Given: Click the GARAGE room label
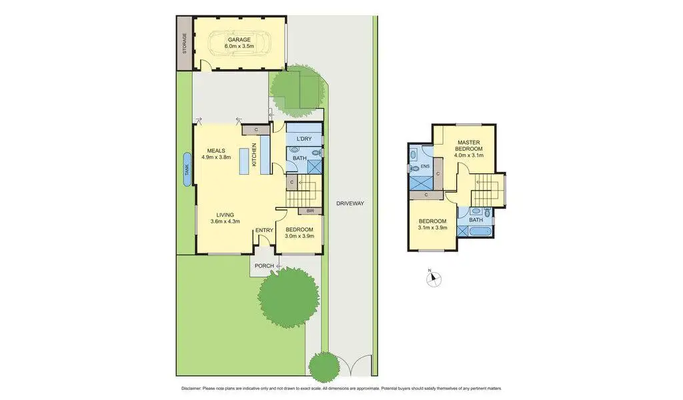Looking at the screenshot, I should tap(238, 39).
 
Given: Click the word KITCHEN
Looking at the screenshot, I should tap(253, 156).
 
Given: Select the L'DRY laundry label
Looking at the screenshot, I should tap(303, 139).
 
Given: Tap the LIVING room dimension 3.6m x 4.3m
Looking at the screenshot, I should tap(225, 221).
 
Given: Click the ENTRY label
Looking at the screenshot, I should tap(264, 231).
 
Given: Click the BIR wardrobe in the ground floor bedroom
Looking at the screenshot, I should tap(309, 211).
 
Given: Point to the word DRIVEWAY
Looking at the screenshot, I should tap(350, 203).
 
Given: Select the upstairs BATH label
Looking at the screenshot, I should tap(476, 219).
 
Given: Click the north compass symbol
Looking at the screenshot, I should tap(430, 278).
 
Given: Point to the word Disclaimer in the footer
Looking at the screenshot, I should tap(194, 388).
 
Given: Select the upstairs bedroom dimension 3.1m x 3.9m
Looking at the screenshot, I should tap(434, 229).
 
